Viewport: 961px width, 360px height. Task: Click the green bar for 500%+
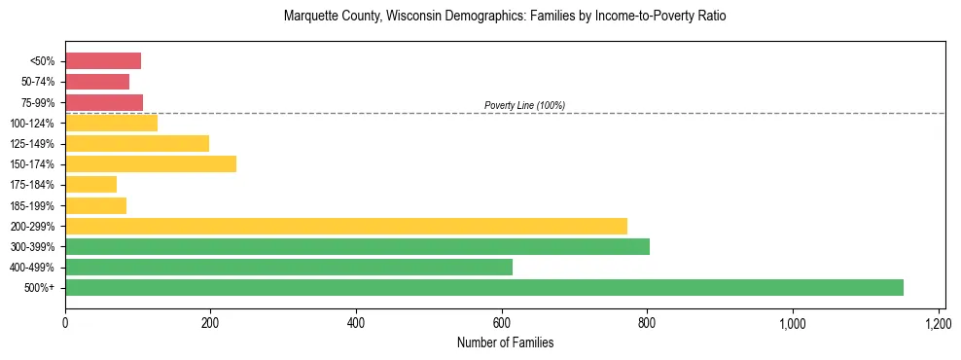click(483, 288)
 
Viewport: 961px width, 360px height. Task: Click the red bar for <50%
click(103, 61)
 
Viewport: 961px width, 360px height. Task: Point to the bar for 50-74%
click(97, 82)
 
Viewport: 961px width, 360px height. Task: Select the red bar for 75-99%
click(104, 102)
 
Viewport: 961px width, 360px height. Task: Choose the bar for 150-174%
click(151, 164)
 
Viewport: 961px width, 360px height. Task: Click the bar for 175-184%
click(91, 185)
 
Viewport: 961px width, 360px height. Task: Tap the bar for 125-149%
click(137, 144)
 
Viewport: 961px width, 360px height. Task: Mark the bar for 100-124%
click(111, 124)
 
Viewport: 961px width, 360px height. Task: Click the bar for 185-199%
click(96, 205)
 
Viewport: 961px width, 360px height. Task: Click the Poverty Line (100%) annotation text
click(524, 105)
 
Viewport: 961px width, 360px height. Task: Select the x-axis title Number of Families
click(505, 342)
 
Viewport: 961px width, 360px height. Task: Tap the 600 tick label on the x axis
click(502, 323)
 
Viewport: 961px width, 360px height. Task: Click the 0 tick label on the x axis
click(65, 323)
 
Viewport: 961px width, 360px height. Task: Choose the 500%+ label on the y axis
click(41, 288)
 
